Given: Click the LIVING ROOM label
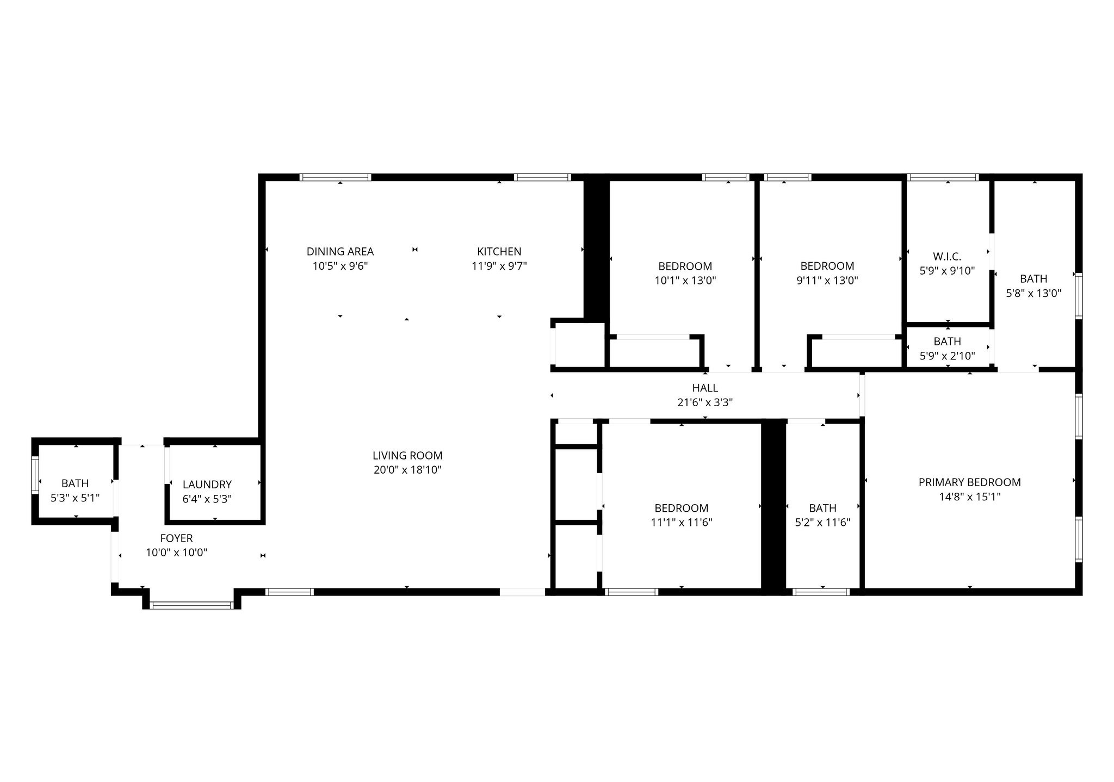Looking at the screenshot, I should point(407,456).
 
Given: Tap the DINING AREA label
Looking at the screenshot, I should point(340,252).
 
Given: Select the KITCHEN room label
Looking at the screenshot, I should point(499,252).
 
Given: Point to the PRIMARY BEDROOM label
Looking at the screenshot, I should point(969,482).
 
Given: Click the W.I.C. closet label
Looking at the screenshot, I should point(947,257).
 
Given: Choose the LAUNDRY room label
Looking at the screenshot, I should point(207,485).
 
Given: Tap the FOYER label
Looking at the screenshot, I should point(176,538).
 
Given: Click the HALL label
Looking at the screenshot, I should point(705,388).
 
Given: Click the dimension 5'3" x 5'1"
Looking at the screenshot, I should point(75,498).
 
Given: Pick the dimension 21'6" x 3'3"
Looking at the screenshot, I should point(705,403).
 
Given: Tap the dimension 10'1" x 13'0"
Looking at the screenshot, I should point(685,281).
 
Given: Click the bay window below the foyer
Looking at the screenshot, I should point(191,605).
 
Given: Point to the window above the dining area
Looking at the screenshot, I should point(335,177).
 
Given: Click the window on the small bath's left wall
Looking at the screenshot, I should point(35,475).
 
